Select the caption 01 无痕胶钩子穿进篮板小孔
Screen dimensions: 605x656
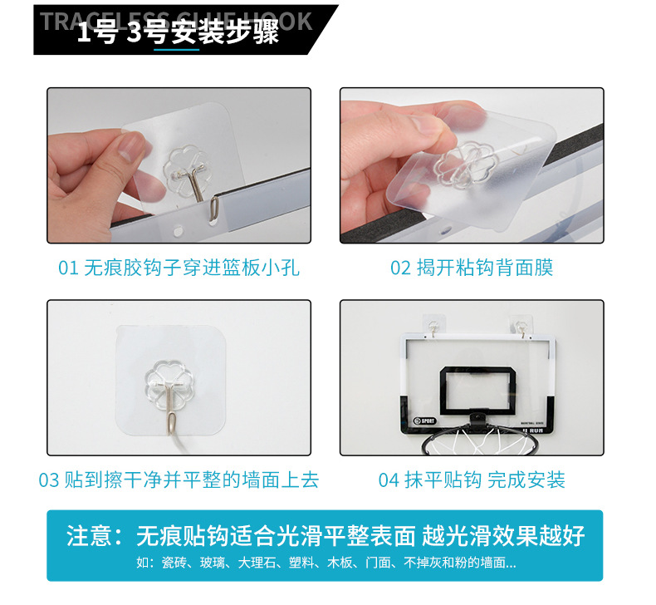point(179,268)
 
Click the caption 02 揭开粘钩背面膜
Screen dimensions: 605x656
point(471,268)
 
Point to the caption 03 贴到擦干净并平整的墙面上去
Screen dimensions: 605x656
point(179,480)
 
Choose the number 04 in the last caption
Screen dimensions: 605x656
point(389,480)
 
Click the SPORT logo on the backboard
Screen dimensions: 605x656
point(423,419)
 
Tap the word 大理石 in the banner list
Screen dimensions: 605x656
point(257,563)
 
